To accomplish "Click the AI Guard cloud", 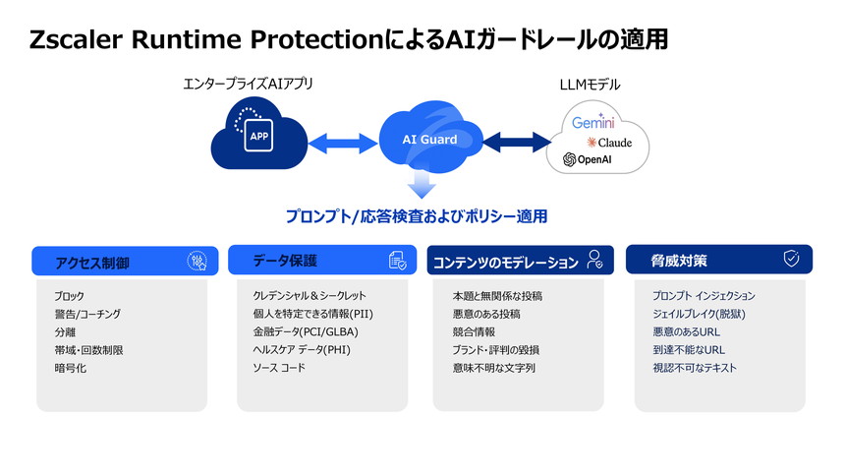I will click(429, 139).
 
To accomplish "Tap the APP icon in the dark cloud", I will click(256, 136).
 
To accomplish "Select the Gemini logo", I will click(593, 124).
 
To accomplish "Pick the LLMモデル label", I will click(590, 84).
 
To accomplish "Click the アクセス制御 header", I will click(92, 263).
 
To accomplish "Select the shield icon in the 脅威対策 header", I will click(790, 259).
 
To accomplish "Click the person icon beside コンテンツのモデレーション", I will click(594, 261).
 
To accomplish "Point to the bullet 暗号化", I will click(71, 368).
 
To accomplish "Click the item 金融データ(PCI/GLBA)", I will click(306, 331).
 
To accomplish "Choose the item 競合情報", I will click(474, 331).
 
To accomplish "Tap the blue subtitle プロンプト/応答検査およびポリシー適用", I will click(416, 215).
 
